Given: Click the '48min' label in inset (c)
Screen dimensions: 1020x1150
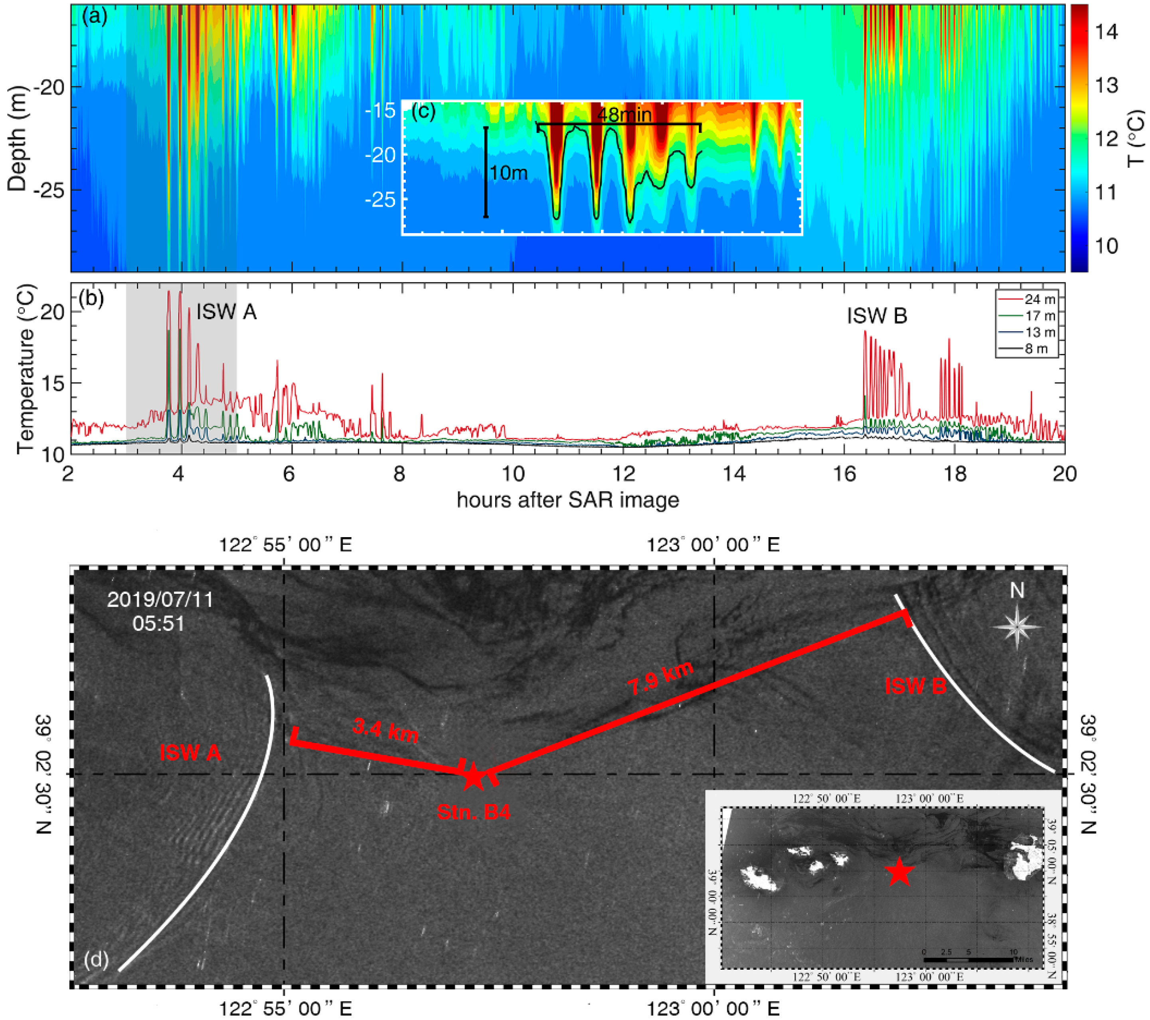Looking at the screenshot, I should pos(624,115).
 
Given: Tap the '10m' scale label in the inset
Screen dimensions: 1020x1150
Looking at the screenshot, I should pos(509,173).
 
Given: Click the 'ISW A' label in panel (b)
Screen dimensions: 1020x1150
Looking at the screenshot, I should pos(226,312).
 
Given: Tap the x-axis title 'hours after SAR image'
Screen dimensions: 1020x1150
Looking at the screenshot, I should pos(568,500).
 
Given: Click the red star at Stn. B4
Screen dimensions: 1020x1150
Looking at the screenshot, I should pos(473,777).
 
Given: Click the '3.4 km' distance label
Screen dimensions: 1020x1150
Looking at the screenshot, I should pos(385,730).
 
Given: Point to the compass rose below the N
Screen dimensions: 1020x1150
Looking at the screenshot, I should pos(1017,626).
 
